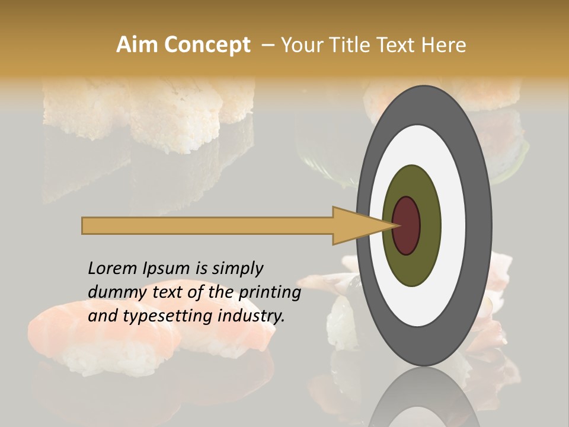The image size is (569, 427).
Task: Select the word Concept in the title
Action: [207, 45]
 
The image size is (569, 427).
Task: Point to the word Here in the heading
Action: [443, 45]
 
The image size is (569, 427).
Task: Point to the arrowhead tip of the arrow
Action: [396, 225]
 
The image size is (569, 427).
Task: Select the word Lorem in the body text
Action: [112, 269]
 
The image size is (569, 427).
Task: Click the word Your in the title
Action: [299, 45]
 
